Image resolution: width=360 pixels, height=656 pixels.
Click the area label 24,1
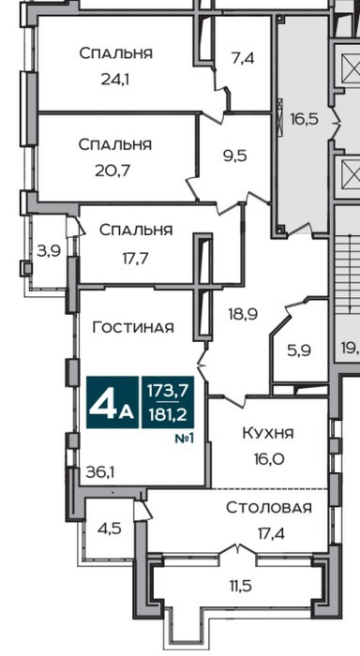pyautogui.click(x=115, y=79)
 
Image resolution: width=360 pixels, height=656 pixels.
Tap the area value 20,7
pyautogui.click(x=113, y=171)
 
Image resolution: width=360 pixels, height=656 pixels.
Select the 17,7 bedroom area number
pyautogui.click(x=136, y=259)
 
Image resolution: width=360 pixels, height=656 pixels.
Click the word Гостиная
pyautogui.click(x=133, y=327)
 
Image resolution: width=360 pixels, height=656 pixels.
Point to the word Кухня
pyautogui.click(x=268, y=434)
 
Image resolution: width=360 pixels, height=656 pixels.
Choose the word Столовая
pyautogui.click(x=269, y=508)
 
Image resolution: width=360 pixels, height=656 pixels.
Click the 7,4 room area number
pyautogui.click(x=243, y=58)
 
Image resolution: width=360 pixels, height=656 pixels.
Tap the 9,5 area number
pyautogui.click(x=234, y=157)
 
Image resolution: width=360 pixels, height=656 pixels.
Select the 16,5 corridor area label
pyautogui.click(x=305, y=119)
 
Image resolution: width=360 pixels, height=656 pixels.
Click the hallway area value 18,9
pyautogui.click(x=243, y=313)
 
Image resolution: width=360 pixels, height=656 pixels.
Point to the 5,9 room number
pyautogui.click(x=299, y=350)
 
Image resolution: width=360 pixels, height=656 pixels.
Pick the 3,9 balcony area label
pyautogui.click(x=50, y=251)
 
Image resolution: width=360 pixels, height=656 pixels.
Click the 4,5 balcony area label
pyautogui.click(x=110, y=529)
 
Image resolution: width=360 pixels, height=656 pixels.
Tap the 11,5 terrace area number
pyautogui.click(x=241, y=586)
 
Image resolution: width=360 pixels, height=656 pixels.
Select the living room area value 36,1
pyautogui.click(x=100, y=472)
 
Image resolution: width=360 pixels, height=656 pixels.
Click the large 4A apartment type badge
pyautogui.click(x=112, y=402)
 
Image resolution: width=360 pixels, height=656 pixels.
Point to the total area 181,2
pyautogui.click(x=168, y=415)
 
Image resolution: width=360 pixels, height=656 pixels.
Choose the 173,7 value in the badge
pyautogui.click(x=168, y=391)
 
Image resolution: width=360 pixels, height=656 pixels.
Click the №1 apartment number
pyautogui.click(x=185, y=439)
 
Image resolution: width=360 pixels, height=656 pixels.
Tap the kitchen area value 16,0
pyautogui.click(x=268, y=459)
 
